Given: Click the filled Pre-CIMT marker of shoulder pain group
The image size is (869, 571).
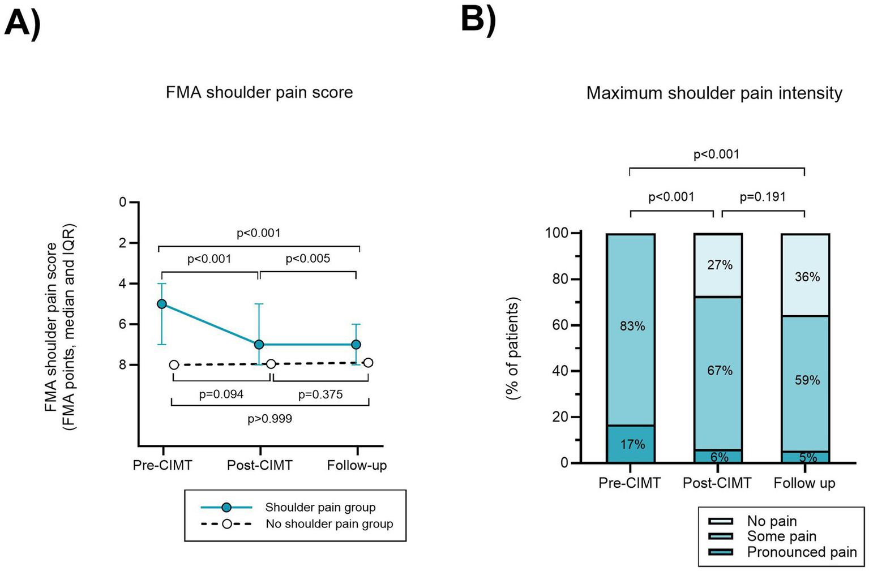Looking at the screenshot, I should pyautogui.click(x=162, y=304).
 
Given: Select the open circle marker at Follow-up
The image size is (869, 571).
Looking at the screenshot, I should pyautogui.click(x=368, y=363).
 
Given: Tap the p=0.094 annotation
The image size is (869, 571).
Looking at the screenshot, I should pyautogui.click(x=221, y=394).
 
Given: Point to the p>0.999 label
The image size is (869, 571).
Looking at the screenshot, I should pyautogui.click(x=269, y=419).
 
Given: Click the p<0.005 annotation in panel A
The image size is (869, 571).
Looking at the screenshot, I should pyautogui.click(x=307, y=259).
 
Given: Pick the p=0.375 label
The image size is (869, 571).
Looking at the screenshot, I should pyautogui.click(x=320, y=394).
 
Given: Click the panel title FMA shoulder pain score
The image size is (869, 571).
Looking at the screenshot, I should pyautogui.click(x=259, y=92).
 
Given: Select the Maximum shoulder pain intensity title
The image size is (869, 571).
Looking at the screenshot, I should pyautogui.click(x=714, y=93).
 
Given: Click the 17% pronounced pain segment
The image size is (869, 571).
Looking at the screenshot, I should pyautogui.click(x=631, y=444).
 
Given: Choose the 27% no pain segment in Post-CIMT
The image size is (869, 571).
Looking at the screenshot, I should pyautogui.click(x=718, y=265).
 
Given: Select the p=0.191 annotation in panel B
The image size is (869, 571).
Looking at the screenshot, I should pyautogui.click(x=763, y=197).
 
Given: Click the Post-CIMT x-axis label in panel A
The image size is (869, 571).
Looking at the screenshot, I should pyautogui.click(x=260, y=465).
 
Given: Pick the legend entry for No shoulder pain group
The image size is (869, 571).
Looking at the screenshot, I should pyautogui.click(x=329, y=524).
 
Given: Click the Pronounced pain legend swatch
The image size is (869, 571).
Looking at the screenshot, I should pyautogui.click(x=721, y=552).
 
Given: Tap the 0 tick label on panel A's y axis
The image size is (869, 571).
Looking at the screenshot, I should pyautogui.click(x=122, y=202).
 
